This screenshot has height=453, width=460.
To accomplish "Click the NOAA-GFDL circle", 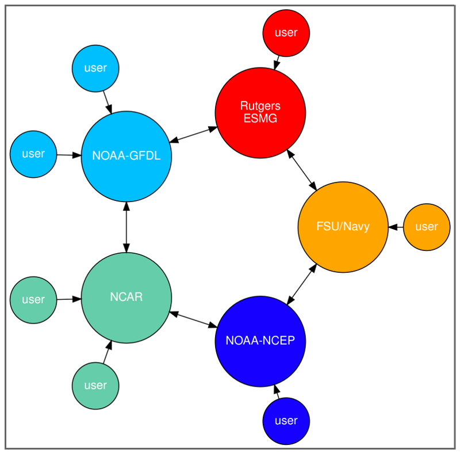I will [x=126, y=155].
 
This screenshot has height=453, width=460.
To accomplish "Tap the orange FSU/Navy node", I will [x=343, y=227].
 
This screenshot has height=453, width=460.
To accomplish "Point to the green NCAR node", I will [x=126, y=298].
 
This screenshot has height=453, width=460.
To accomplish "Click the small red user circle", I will [x=286, y=33].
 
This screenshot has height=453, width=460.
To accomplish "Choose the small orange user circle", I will [x=426, y=227].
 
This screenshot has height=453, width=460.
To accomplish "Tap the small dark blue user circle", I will [x=286, y=421].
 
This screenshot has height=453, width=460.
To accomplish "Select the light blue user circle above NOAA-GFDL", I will [x=95, y=68].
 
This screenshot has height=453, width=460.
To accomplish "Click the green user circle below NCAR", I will [x=95, y=385].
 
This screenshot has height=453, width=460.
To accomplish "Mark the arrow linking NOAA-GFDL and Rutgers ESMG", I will [x=194, y=134].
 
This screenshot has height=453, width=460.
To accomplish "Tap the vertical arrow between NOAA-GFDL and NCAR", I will [x=126, y=227].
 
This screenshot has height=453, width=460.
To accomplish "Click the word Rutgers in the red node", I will [x=260, y=107].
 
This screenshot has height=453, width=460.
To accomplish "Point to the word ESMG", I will [x=260, y=119].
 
